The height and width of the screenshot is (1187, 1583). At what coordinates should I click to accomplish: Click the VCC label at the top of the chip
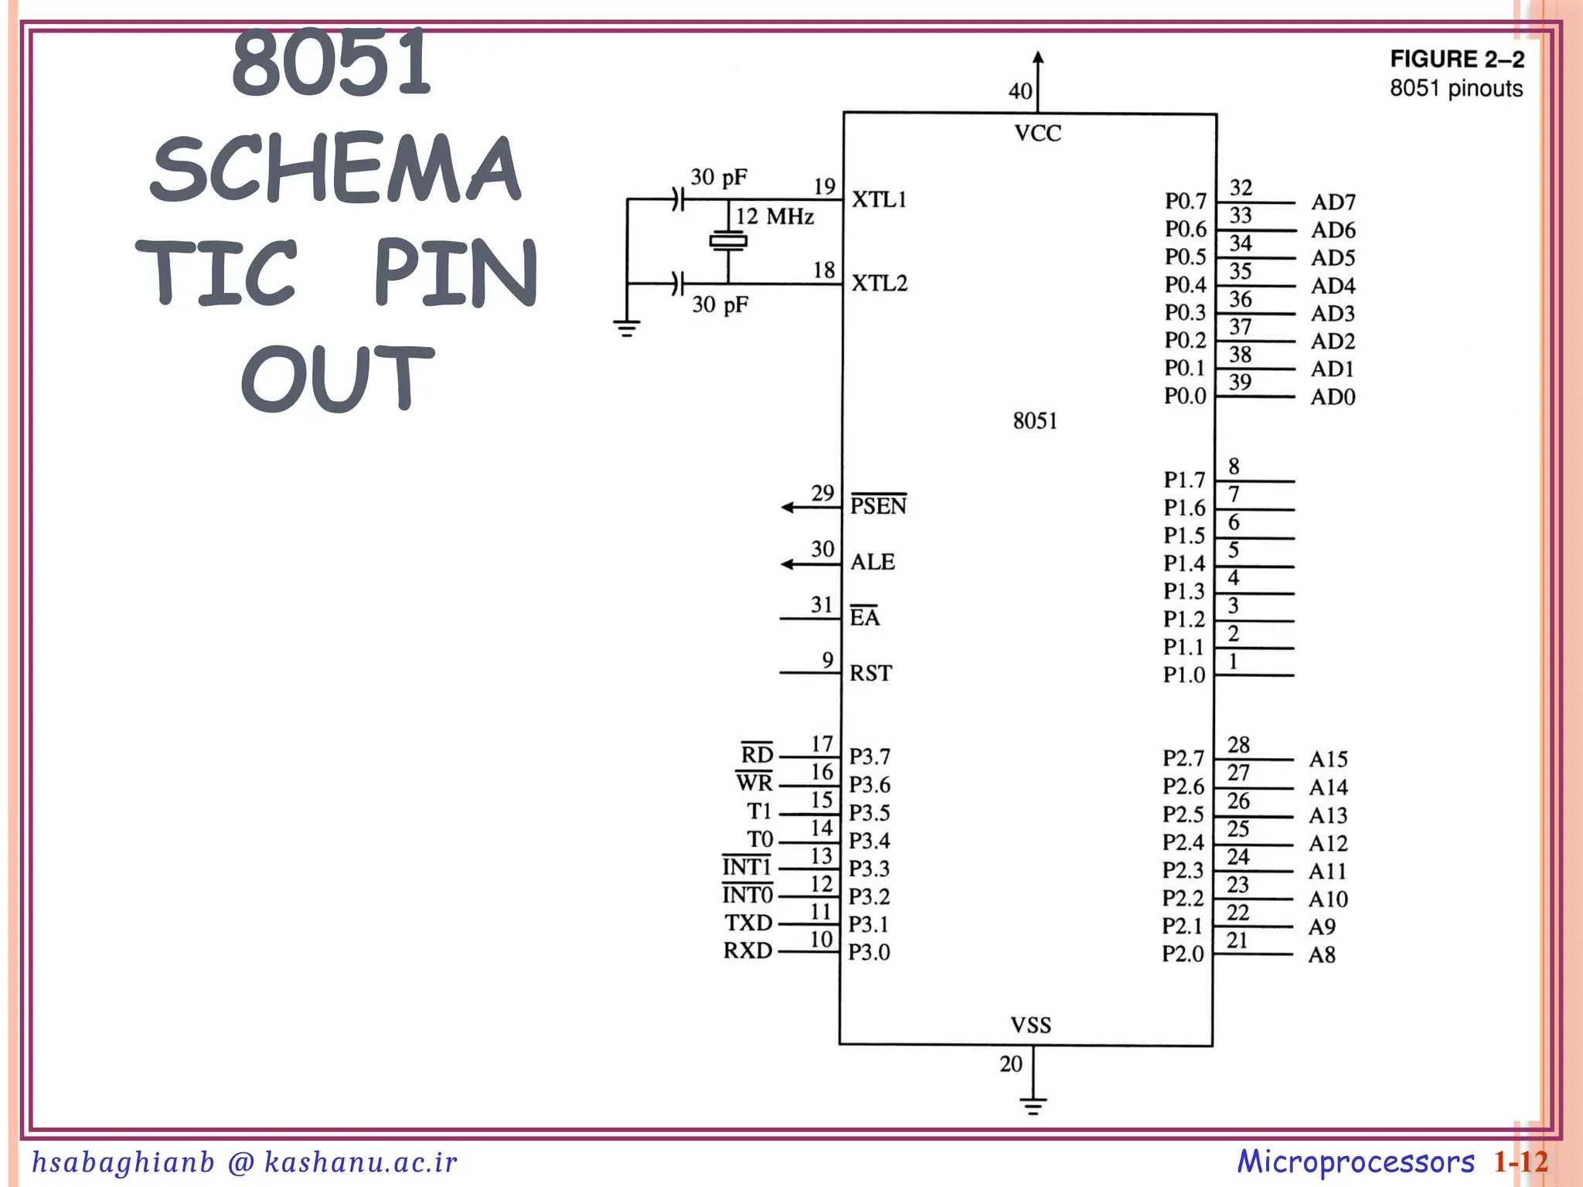1037,134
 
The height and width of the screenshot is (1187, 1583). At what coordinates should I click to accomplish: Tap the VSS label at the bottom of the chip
1031,1025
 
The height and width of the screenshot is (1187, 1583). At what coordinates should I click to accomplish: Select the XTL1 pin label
879,199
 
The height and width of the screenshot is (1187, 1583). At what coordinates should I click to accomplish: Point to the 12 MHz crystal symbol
728,241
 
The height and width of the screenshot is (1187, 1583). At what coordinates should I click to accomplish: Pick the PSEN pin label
878,505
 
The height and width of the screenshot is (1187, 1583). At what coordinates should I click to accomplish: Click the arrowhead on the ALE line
788,564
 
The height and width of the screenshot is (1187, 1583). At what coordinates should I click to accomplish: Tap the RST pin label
870,673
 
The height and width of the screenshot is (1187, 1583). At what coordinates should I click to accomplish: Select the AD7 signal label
1333,202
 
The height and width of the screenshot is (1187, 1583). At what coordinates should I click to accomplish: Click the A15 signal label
1328,759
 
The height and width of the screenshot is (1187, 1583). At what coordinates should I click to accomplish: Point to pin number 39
1240,383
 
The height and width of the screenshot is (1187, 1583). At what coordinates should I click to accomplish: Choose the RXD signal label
747,951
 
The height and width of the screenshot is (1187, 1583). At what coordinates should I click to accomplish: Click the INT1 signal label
747,867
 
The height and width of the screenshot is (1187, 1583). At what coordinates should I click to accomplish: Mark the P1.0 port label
1184,675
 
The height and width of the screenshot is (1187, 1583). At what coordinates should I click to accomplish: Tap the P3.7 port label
870,757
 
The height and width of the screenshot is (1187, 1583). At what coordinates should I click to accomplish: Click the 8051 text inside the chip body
1035,421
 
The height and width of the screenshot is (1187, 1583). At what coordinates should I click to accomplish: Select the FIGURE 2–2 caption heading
1457,60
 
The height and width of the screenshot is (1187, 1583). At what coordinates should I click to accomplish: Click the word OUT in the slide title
338,379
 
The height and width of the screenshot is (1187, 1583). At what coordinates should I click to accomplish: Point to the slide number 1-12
1520,1162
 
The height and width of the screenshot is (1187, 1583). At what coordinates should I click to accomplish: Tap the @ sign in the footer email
240,1162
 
